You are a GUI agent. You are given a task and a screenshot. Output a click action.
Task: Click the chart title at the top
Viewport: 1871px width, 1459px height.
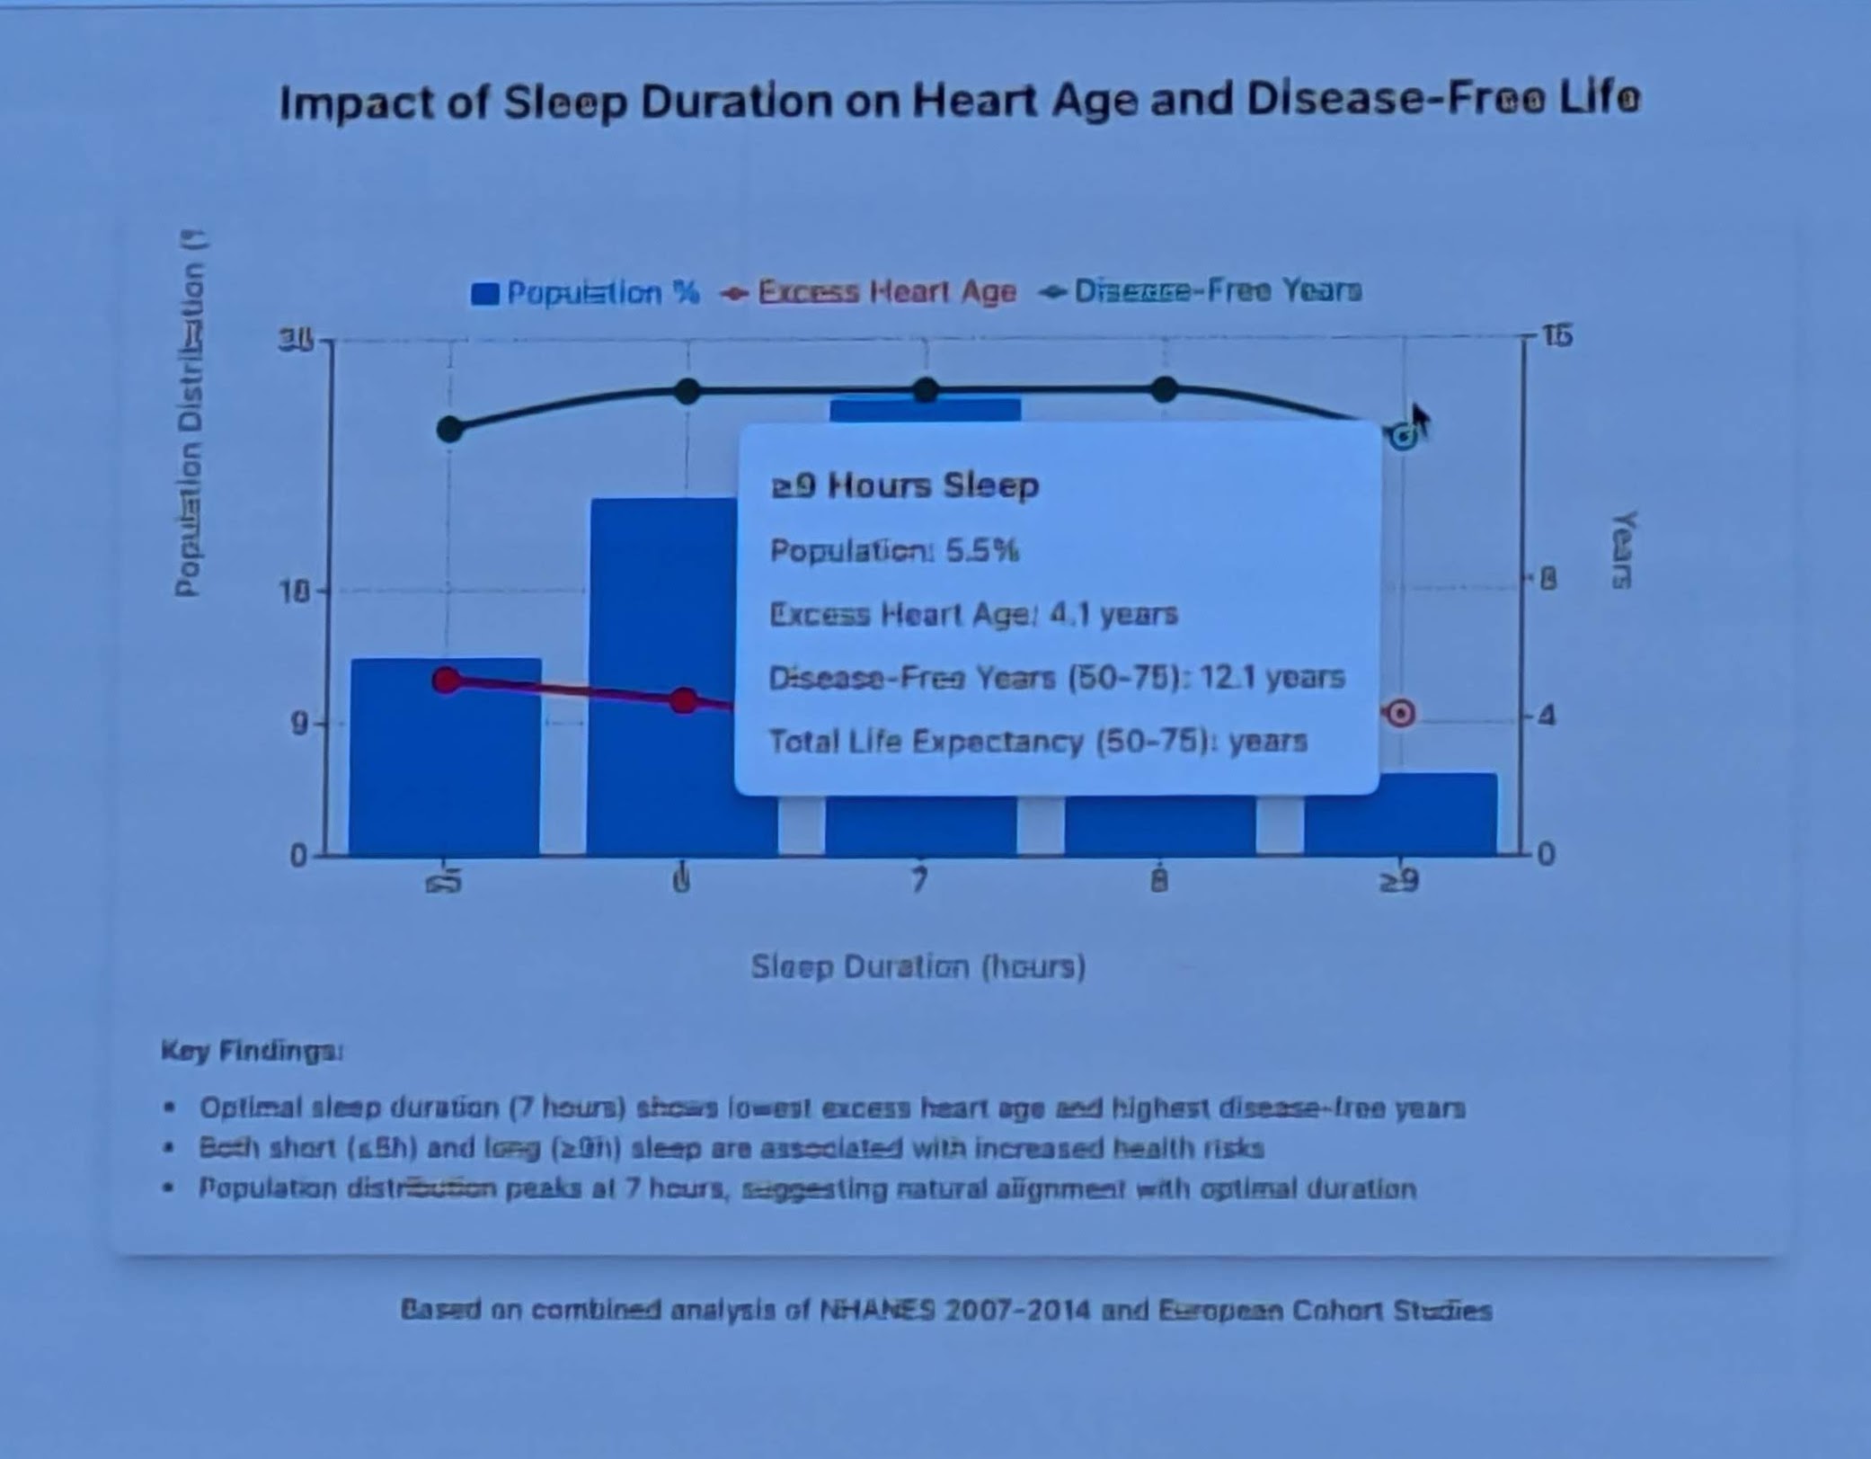[960, 101]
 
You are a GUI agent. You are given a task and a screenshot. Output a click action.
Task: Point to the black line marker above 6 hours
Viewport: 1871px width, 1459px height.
[687, 391]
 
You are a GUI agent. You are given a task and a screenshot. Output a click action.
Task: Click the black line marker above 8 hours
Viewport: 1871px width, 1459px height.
[1164, 389]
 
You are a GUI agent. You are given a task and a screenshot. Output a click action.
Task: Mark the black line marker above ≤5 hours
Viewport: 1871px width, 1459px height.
[450, 430]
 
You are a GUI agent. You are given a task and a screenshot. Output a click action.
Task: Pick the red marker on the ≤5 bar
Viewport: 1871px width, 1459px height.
[447, 681]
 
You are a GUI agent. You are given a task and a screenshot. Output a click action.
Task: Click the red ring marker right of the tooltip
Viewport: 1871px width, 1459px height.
[1400, 714]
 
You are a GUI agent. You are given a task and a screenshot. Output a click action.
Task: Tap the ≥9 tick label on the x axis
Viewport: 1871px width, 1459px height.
[1400, 882]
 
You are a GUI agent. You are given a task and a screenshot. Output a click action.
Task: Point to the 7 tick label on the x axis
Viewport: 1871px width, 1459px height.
[918, 881]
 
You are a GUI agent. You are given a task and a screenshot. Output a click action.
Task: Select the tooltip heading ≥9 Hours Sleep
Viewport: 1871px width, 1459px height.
[905, 486]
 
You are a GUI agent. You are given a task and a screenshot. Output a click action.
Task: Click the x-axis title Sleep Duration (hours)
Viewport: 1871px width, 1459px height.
[918, 967]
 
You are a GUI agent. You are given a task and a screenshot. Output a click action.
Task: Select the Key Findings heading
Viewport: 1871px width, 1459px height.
[252, 1051]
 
